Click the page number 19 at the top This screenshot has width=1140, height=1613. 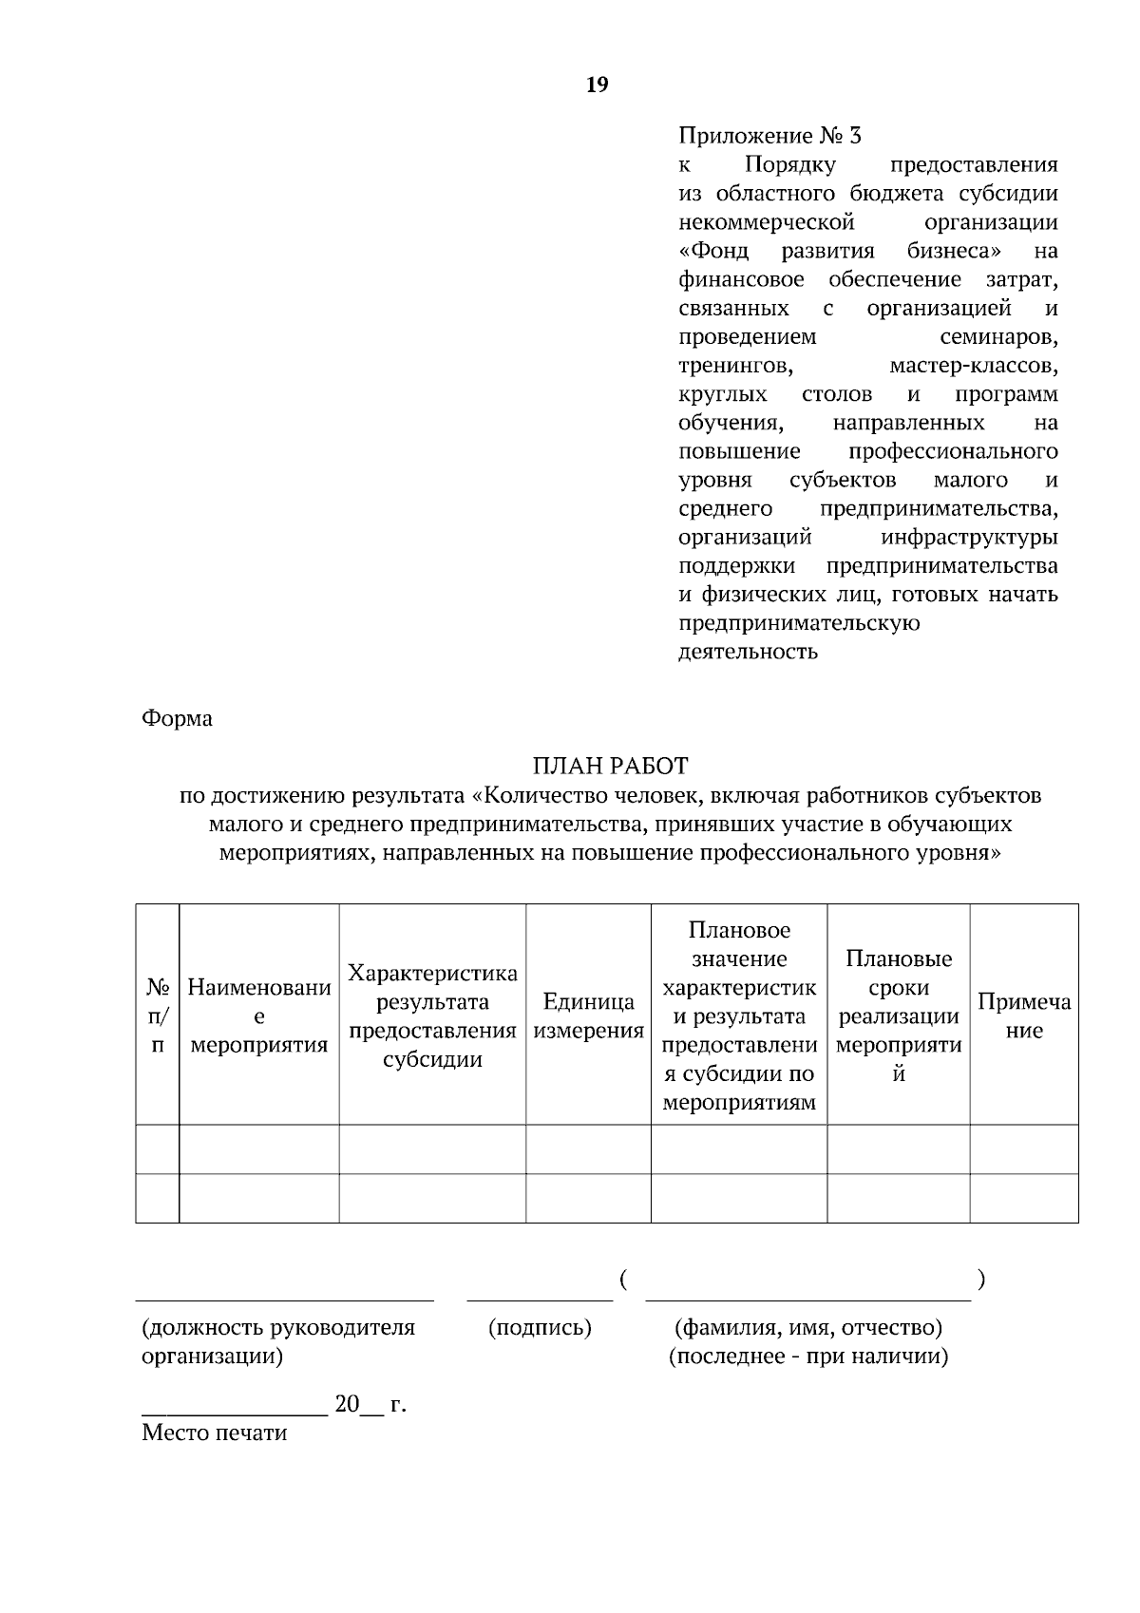598,85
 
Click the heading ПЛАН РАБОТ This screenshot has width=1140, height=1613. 610,766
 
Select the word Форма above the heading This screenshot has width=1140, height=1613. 177,718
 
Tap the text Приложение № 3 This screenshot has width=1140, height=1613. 769,136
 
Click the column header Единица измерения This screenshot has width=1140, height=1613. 588,1016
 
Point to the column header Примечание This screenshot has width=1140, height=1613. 1023,1016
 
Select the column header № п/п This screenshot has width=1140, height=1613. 158,1016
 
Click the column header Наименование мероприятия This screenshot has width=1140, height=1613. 259,1016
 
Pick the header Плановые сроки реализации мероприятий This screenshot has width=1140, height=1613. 898,1016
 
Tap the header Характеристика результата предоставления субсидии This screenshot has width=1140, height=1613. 432,1016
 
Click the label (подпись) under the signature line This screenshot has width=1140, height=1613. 540,1327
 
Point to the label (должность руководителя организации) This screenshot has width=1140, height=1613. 277,1340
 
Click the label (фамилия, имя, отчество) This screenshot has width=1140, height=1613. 807,1327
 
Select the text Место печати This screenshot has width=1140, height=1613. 214,1433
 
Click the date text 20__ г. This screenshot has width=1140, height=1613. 370,1405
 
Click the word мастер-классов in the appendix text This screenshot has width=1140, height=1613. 973,366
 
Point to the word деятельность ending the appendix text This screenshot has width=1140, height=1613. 748,653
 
